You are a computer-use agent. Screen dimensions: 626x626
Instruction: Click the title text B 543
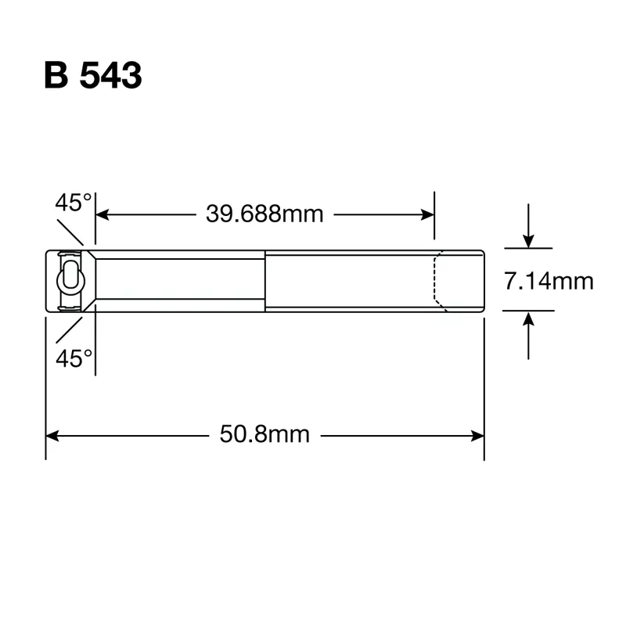pyautogui.click(x=93, y=75)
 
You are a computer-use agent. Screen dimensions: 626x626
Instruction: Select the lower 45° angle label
pyautogui.click(x=74, y=358)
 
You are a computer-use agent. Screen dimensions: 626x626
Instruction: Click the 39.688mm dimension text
pyautogui.click(x=264, y=214)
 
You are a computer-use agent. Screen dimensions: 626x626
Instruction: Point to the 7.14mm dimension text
pyautogui.click(x=549, y=281)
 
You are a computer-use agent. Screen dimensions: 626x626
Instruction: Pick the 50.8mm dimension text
pyautogui.click(x=264, y=434)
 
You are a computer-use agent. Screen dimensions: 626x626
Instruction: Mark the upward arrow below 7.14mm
pyautogui.click(x=530, y=321)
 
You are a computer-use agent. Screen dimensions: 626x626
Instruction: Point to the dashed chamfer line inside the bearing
pyautogui.click(x=436, y=281)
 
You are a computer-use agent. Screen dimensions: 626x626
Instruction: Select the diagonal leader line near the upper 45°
pyautogui.click(x=72, y=232)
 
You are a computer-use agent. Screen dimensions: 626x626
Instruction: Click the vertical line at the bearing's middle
pyautogui.click(x=265, y=281)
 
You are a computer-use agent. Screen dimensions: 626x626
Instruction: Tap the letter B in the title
pyautogui.click(x=57, y=75)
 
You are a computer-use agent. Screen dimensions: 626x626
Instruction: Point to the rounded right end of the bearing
pyautogui.click(x=483, y=281)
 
